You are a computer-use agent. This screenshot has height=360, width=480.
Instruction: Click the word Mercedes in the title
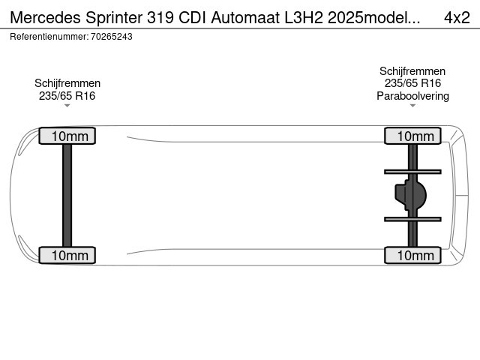(46, 18)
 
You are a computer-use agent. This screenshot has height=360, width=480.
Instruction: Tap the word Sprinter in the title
(114, 18)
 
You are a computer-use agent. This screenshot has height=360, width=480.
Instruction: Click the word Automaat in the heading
(245, 18)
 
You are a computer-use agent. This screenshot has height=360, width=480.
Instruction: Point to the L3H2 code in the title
(304, 18)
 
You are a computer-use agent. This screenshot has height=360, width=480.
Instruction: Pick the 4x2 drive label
(457, 18)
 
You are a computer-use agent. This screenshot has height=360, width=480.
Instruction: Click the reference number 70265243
(112, 37)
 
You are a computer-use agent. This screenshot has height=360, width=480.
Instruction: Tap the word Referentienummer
(49, 37)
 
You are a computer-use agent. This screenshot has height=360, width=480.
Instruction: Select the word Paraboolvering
(412, 96)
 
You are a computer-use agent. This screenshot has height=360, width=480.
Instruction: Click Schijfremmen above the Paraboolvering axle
(412, 71)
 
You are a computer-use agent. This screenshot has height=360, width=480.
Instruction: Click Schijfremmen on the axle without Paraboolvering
(67, 83)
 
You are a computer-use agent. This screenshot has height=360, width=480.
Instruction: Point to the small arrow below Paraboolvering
(412, 106)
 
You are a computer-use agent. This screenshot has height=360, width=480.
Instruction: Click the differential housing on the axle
(410, 195)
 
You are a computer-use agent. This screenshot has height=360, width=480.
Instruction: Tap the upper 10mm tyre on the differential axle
(412, 136)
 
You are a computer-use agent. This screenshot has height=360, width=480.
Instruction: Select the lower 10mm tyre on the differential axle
(412, 255)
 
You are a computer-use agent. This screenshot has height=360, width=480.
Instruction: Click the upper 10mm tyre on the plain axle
(67, 136)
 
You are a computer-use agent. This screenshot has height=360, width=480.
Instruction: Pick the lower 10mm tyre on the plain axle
(67, 255)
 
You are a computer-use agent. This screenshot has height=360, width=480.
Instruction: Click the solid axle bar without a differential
(67, 195)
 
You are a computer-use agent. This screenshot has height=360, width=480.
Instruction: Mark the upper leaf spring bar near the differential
(412, 172)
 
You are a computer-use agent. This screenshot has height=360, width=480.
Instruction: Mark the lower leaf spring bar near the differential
(412, 219)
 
